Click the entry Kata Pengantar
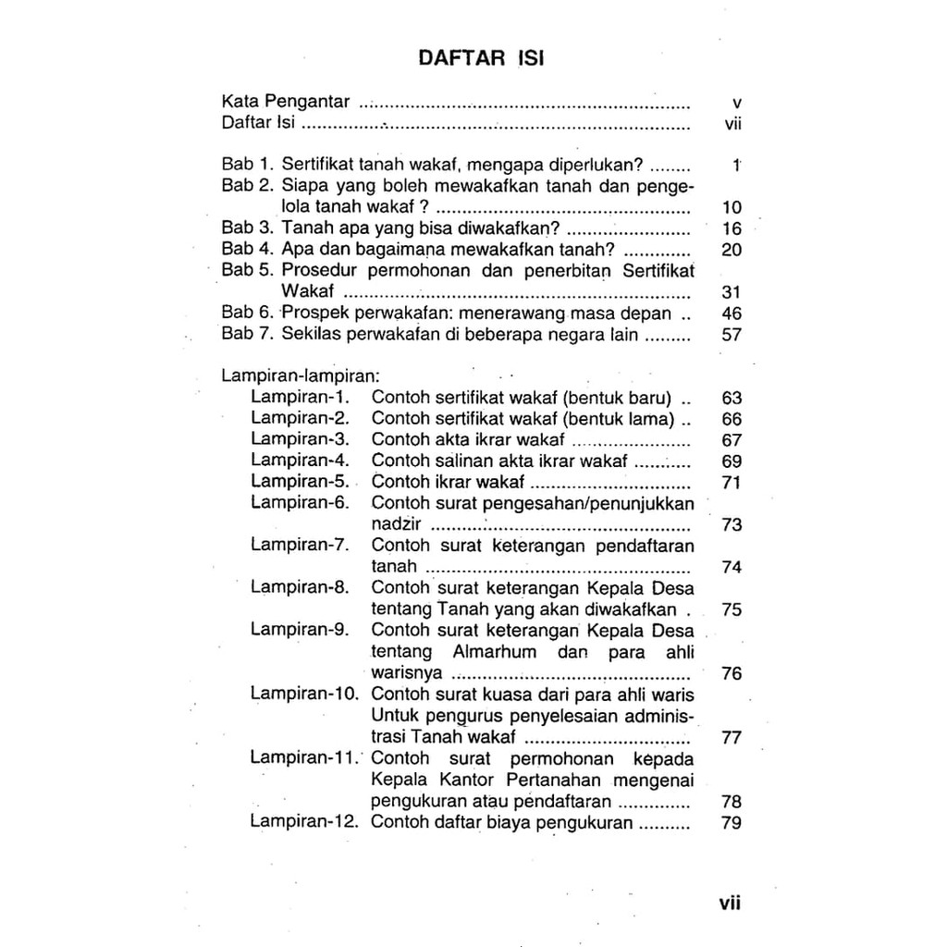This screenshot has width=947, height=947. click(286, 102)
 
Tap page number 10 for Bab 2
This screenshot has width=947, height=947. click(731, 207)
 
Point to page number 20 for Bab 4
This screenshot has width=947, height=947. click(731, 250)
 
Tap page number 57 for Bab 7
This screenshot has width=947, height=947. click(731, 335)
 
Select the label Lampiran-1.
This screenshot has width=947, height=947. click(301, 398)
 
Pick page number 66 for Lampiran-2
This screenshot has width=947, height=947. click(731, 419)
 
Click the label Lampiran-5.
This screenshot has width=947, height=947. click(301, 482)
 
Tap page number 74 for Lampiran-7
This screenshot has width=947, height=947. click(731, 567)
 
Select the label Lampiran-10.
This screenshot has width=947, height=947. click(305, 694)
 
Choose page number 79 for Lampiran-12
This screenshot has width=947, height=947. click(731, 822)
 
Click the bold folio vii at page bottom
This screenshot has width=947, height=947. click(731, 903)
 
